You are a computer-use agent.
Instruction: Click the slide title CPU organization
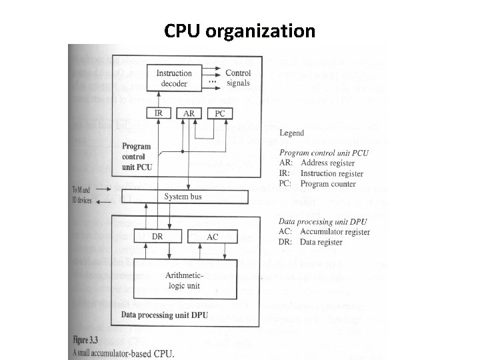tap(239, 31)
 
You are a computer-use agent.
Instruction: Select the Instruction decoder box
tap(174, 79)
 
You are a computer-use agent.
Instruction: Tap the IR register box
tap(158, 113)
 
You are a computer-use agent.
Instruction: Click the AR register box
tap(189, 113)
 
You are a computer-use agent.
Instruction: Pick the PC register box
tap(220, 113)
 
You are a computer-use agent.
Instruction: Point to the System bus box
tap(183, 197)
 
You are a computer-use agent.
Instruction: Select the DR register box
tap(158, 237)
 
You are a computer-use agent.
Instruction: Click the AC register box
tap(212, 237)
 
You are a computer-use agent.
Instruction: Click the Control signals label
tap(238, 78)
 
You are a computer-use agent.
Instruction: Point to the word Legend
tap(291, 133)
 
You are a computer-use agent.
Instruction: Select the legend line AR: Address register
tap(317, 163)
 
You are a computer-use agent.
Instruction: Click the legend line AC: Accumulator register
tap(323, 232)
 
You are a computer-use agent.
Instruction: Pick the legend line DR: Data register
tap(310, 242)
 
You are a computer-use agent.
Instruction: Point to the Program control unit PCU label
tap(137, 156)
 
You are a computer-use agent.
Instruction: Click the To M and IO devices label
tap(83, 195)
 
